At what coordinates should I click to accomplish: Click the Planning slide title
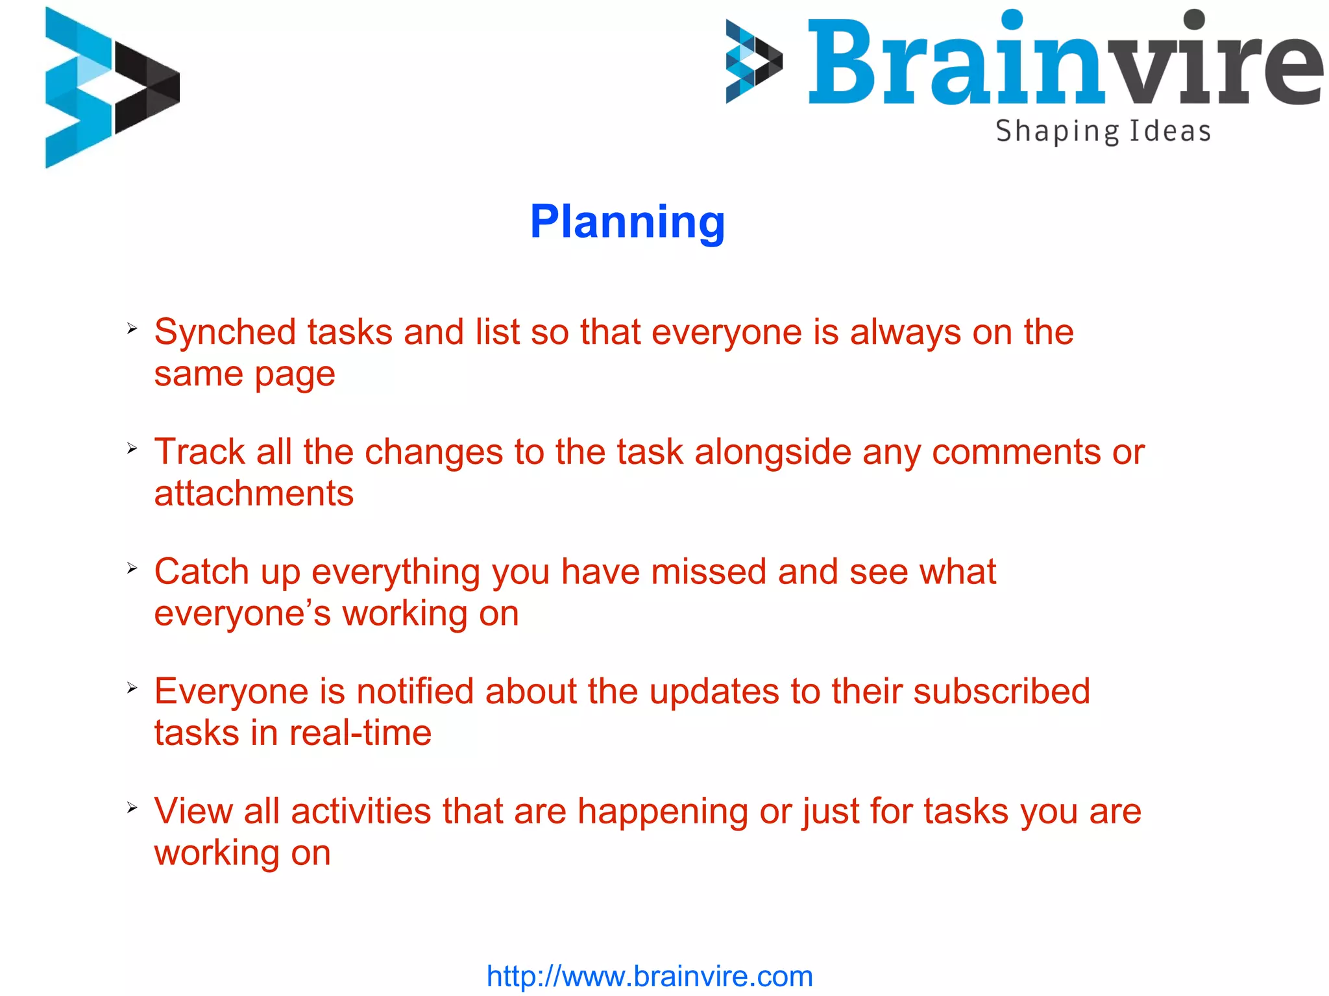627,223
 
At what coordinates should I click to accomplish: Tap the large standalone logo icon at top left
112,88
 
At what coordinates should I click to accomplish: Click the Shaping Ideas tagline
1103,132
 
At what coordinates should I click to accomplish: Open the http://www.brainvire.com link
650,976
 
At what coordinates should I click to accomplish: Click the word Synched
225,332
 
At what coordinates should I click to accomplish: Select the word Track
199,452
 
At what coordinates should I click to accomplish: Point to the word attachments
254,494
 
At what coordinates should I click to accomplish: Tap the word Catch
201,572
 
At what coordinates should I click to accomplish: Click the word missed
709,572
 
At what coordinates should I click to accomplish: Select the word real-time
360,733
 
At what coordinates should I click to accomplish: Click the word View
193,811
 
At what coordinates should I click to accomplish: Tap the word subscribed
1001,691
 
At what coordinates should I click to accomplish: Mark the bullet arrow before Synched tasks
132,329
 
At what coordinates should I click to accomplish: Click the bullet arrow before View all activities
132,808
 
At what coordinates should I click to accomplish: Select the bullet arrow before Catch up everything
132,568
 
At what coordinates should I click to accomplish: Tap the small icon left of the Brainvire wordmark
754,62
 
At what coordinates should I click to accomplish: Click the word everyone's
242,614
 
